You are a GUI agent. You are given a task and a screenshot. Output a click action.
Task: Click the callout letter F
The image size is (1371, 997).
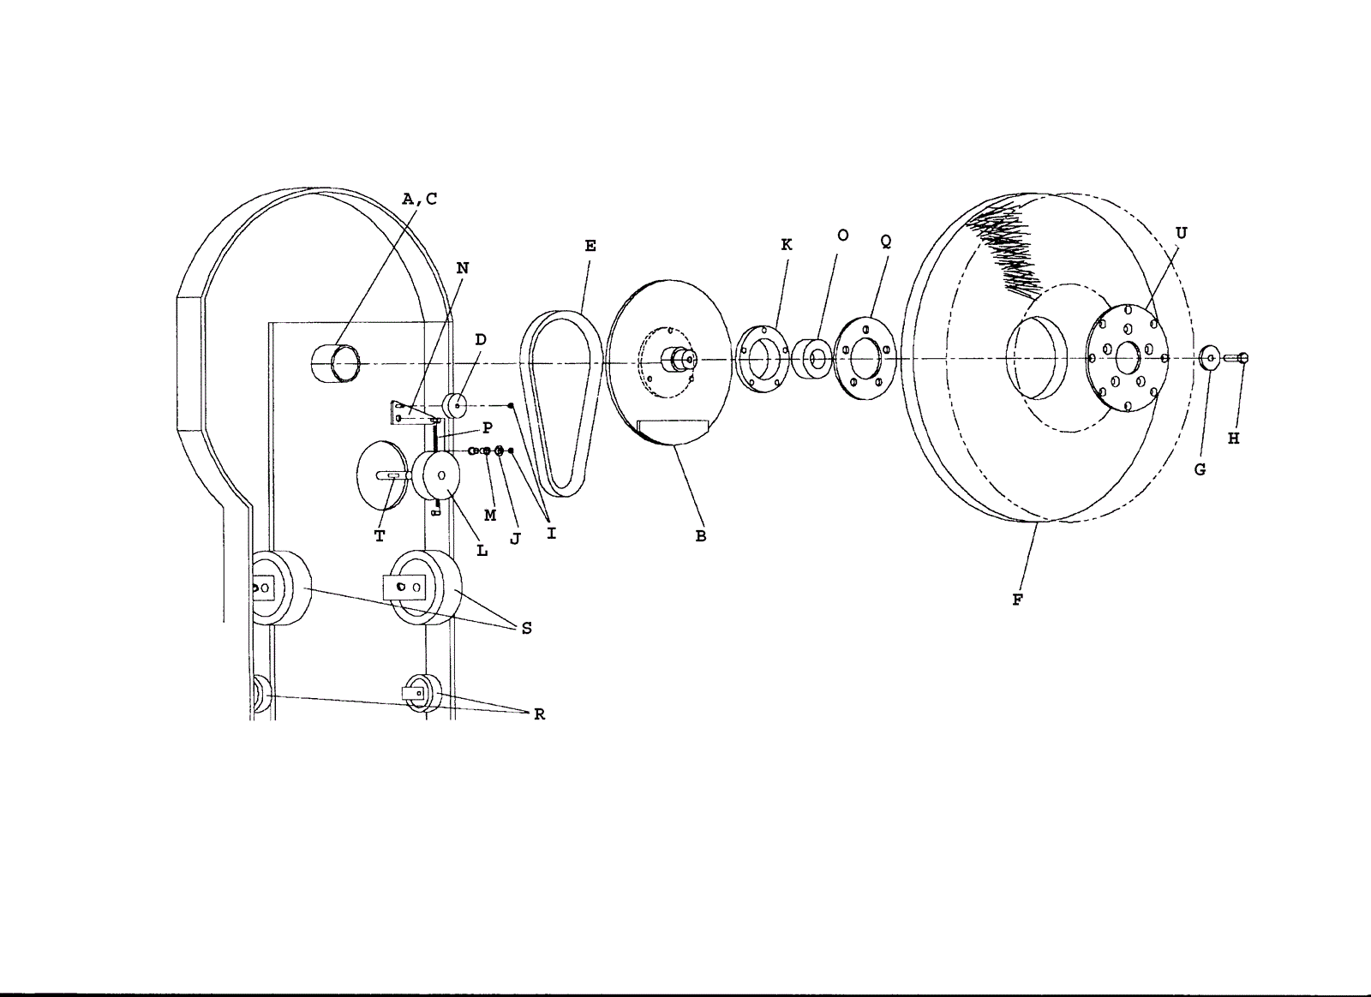click(x=1017, y=600)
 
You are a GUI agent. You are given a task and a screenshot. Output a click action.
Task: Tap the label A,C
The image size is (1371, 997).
click(x=420, y=199)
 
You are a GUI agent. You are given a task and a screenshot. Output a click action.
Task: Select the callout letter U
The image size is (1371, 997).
click(x=1181, y=233)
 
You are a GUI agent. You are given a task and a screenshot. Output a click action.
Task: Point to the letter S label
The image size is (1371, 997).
click(x=526, y=628)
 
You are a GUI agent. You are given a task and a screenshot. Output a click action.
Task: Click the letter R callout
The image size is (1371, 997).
click(x=539, y=714)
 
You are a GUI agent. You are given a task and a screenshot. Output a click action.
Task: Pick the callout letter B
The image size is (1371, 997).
click(x=701, y=536)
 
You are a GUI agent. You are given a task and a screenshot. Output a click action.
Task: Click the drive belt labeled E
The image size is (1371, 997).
click(x=561, y=403)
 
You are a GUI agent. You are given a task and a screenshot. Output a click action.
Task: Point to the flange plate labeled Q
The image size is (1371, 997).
click(x=864, y=357)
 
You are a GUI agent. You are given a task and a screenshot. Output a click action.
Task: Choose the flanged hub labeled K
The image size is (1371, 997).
click(x=761, y=358)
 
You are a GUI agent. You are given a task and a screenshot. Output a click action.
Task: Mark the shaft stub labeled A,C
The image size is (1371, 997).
click(x=336, y=363)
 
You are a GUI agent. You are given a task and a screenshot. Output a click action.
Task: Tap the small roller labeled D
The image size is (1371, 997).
click(x=455, y=405)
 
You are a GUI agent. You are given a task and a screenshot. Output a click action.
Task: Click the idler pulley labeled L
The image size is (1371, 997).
click(x=437, y=476)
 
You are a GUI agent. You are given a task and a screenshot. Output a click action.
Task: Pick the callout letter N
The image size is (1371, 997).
click(x=463, y=268)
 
